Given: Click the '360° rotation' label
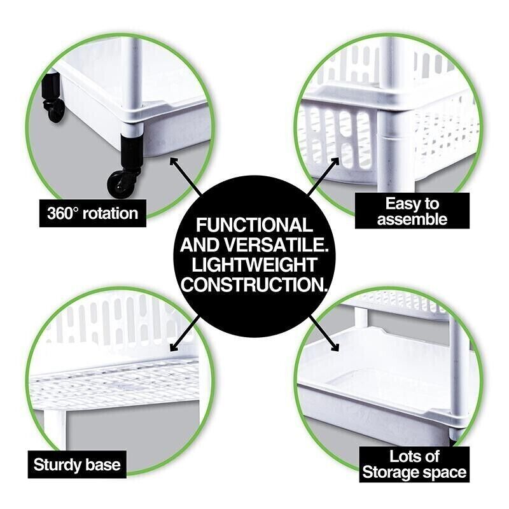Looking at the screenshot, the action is point(92,213).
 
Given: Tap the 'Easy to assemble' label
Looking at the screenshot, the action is point(412,211).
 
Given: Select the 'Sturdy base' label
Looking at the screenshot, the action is point(77,464).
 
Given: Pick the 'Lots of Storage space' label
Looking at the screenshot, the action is point(414,464).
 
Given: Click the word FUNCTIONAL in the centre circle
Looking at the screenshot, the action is point(254,225).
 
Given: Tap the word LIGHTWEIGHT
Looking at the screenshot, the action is point(254,265).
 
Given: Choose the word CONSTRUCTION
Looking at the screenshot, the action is point(254,284).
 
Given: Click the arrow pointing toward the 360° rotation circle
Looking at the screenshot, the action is point(185,176).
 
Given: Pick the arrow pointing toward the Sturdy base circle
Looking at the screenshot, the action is point(185,333).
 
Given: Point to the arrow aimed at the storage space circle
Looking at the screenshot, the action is point(324,333).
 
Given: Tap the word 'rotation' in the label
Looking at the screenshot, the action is point(110,213).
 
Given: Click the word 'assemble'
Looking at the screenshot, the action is point(412,219).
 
